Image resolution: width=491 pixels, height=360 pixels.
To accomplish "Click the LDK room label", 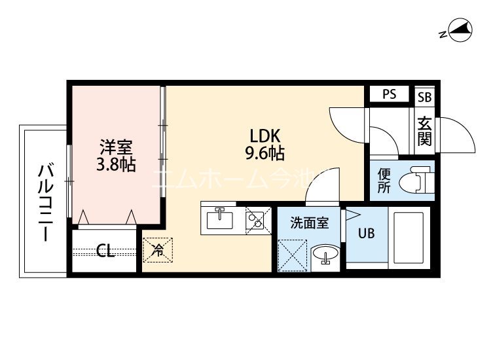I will tap(265, 136).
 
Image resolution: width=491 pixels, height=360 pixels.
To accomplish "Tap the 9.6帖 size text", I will tap(265, 154).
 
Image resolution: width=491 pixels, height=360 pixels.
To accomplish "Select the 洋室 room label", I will tap(116, 146).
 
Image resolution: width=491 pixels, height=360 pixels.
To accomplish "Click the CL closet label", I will tap(105, 250).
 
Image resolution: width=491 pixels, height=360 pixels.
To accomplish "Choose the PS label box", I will tap(390, 94).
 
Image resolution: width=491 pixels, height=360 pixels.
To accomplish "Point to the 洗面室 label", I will tap(310, 223).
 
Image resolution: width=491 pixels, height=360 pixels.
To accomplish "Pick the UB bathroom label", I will tap(366, 234).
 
